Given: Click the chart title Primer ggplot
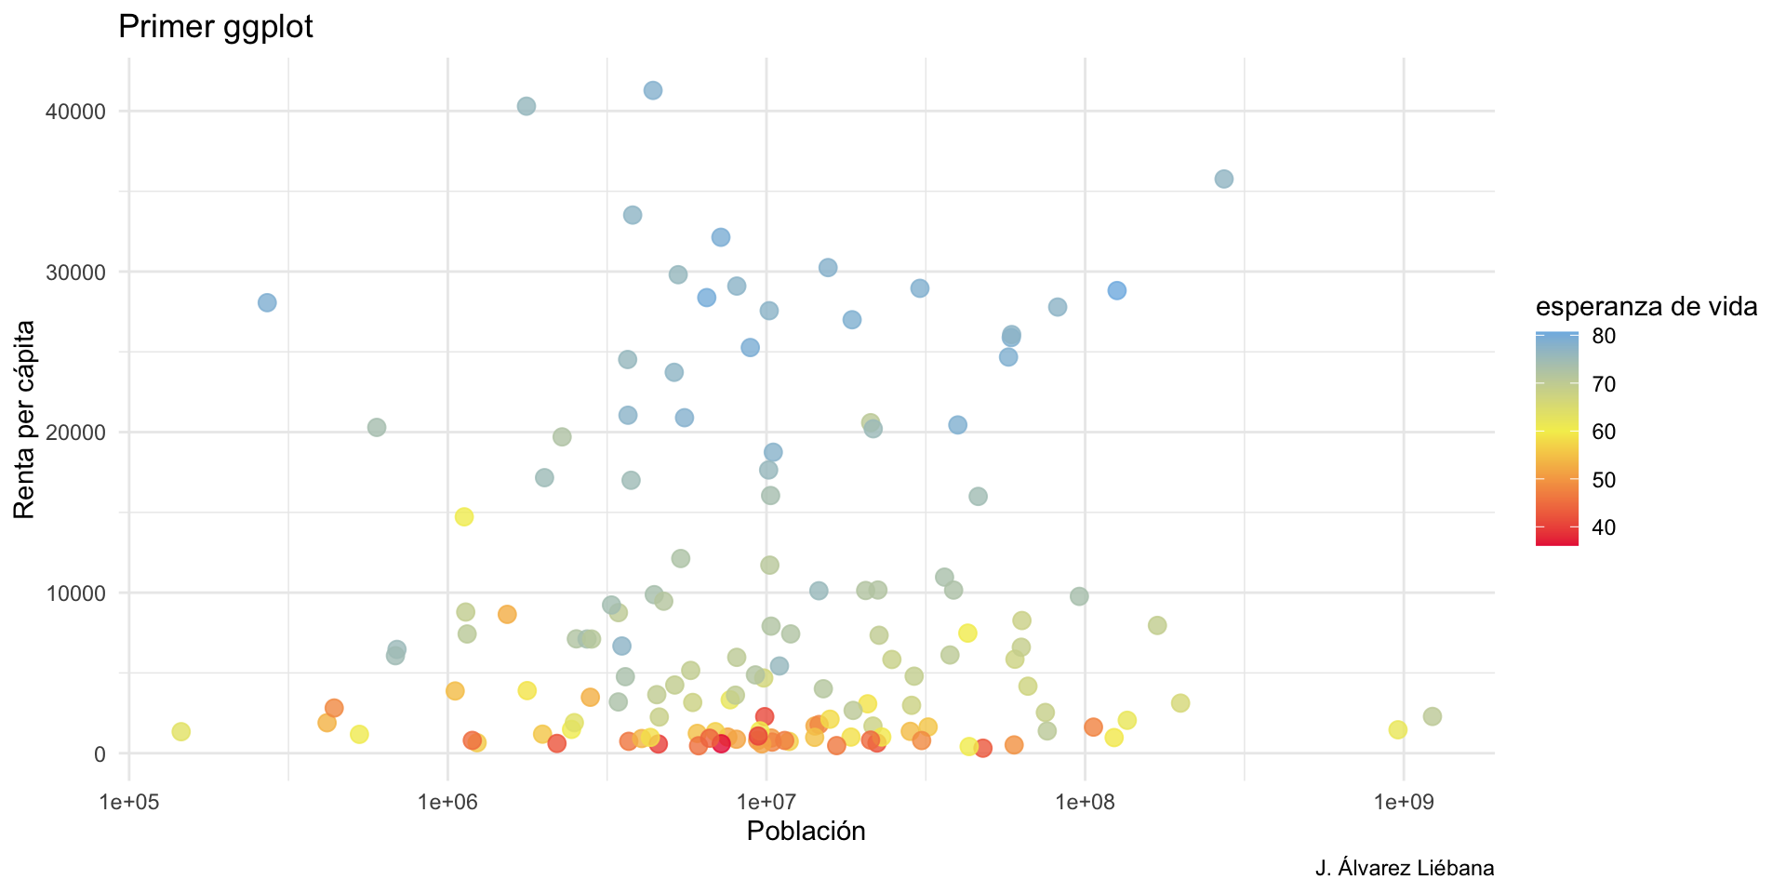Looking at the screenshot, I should [x=216, y=27].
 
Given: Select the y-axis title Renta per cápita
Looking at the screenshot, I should [x=24, y=419].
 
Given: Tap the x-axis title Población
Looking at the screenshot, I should [x=806, y=832].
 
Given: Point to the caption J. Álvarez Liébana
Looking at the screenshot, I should [x=1405, y=869].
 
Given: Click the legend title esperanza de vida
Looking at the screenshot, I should [x=1646, y=307].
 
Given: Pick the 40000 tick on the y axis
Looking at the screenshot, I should [x=75, y=112].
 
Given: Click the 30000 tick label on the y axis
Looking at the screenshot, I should [x=75, y=273].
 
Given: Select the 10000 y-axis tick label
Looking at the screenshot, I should [x=75, y=593].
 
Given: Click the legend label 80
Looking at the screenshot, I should [x=1604, y=337].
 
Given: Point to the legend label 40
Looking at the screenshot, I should [x=1604, y=527].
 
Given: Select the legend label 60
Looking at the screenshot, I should [x=1604, y=432].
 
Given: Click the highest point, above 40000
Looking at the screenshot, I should [x=653, y=90].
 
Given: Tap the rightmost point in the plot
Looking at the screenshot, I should [x=1432, y=716].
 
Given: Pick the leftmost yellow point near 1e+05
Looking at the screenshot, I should [x=181, y=732].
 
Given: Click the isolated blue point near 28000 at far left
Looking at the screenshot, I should [x=267, y=303].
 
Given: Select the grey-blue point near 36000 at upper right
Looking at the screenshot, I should [x=1224, y=179].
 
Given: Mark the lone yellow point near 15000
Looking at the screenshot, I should [x=464, y=517].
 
